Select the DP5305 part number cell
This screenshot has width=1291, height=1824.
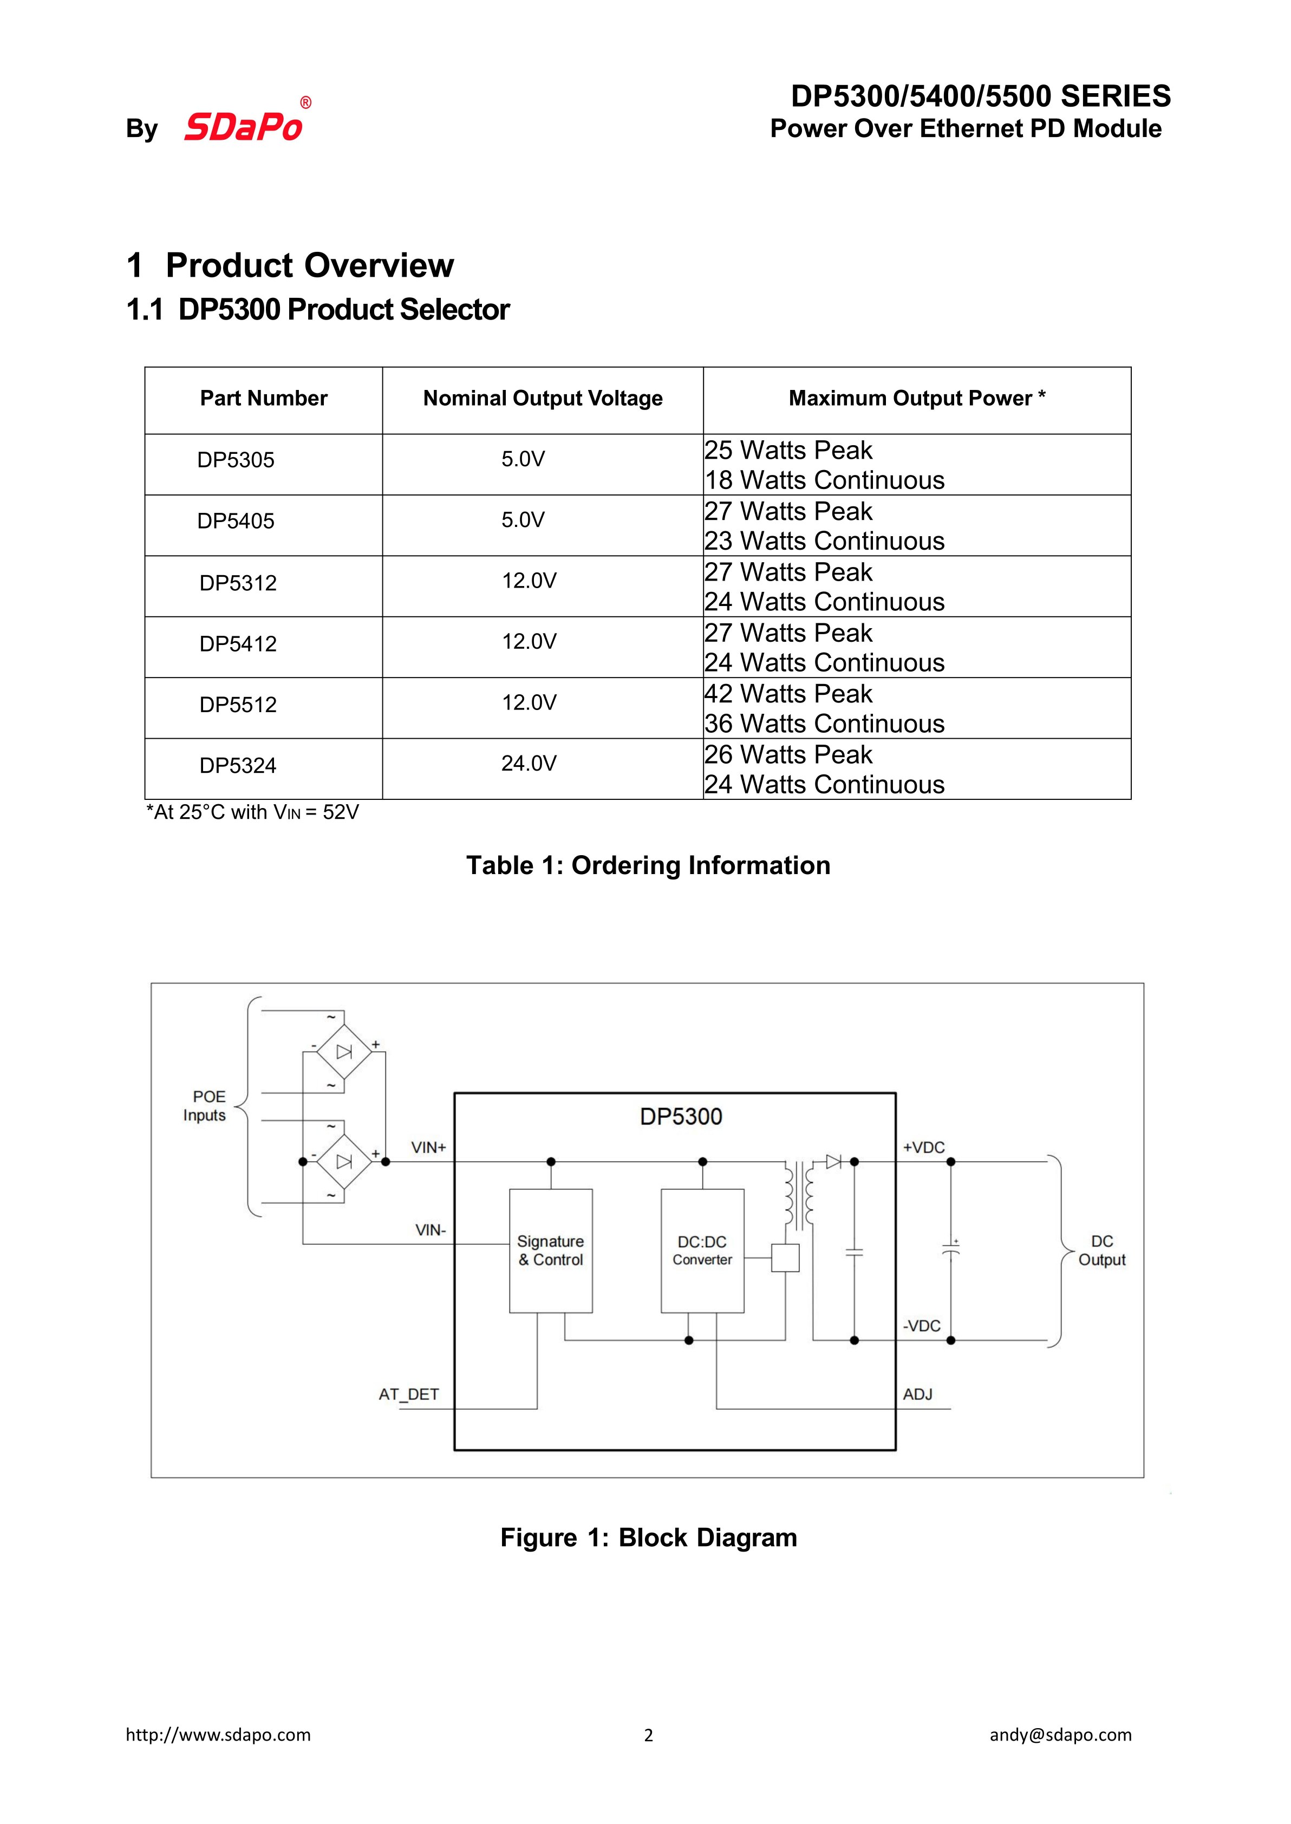(x=236, y=460)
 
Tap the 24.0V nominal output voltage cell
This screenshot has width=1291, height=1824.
(x=529, y=764)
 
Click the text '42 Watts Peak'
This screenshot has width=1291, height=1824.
(x=788, y=694)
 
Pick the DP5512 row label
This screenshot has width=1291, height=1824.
(x=238, y=705)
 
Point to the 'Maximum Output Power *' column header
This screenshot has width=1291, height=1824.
(x=917, y=398)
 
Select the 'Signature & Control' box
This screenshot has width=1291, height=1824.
(x=551, y=1250)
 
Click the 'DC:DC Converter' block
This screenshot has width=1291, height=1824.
(x=702, y=1250)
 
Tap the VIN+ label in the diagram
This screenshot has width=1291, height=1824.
(x=428, y=1147)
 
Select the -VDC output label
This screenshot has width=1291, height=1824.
(x=921, y=1326)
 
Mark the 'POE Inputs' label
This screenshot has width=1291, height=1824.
(x=205, y=1105)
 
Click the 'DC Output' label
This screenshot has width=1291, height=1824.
(x=1102, y=1250)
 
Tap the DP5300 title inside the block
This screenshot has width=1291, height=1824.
(x=681, y=1117)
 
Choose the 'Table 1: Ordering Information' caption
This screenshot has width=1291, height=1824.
(x=648, y=865)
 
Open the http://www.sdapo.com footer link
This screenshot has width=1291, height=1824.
(x=219, y=1735)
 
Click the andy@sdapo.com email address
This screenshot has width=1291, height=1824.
(x=1060, y=1735)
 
